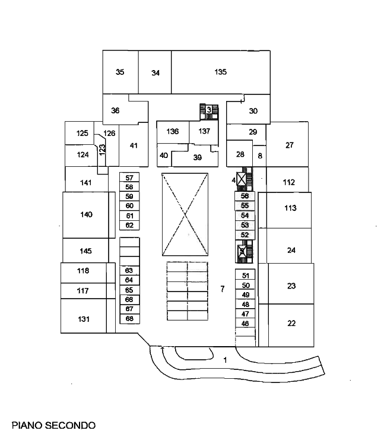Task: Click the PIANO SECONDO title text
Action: coord(53,425)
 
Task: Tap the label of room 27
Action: coord(290,145)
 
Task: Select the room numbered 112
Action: coord(289,182)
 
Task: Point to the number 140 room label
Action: coord(87,214)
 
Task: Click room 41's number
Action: coord(134,145)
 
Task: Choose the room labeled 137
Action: coord(204,131)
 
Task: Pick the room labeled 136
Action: coord(173,131)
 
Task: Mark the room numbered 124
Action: coord(83,154)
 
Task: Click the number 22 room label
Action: coord(291,324)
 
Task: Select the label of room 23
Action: coord(291,286)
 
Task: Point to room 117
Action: coord(83,291)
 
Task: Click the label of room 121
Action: coord(84,319)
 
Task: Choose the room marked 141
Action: coord(85,183)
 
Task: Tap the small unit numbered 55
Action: coord(245,205)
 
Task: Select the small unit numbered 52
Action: coord(245,235)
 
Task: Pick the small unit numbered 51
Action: coord(245,275)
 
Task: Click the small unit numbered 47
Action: coord(245,313)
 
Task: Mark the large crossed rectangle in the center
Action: coord(186,214)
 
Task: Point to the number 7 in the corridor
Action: coord(222,290)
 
